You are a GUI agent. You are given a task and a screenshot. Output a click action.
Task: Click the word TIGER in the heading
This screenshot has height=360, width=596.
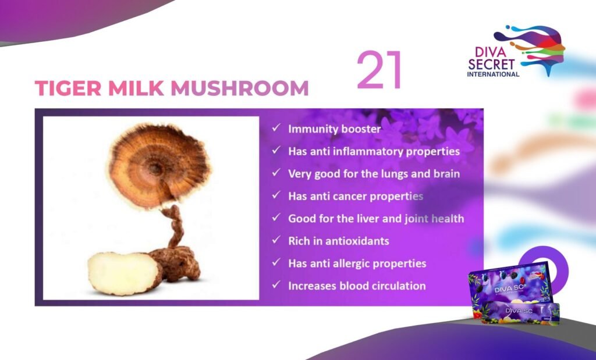point(68,88)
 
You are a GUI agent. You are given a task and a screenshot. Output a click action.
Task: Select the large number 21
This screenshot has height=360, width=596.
point(379,70)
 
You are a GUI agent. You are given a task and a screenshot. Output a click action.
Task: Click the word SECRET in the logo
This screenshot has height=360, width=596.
point(491,64)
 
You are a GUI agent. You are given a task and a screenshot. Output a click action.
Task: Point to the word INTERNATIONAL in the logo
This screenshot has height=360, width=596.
point(493,74)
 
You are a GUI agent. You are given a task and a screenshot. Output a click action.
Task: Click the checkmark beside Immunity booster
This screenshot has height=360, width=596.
point(276,128)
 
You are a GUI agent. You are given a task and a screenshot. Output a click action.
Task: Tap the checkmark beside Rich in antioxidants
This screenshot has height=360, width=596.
point(276,240)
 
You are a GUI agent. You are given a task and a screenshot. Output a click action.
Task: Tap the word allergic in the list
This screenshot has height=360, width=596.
point(353,263)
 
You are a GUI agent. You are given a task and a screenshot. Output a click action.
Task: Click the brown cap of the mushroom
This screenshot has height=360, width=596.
point(159,166)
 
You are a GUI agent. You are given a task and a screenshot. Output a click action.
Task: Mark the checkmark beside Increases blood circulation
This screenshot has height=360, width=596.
point(276,284)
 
